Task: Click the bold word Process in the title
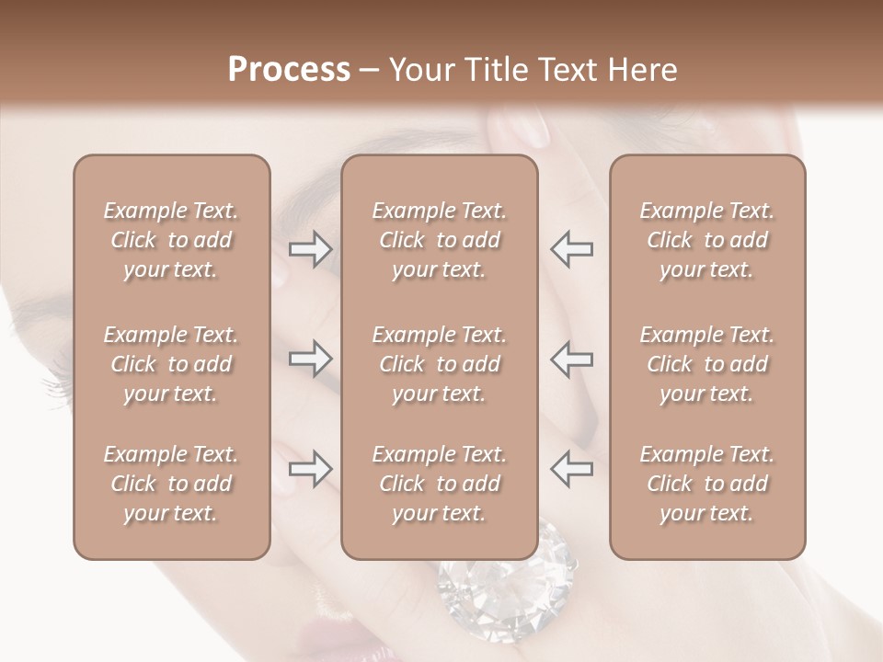coord(289,70)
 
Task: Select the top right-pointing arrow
coord(310,248)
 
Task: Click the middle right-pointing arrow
coord(310,359)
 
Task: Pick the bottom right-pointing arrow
coord(310,469)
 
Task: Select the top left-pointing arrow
coord(571,248)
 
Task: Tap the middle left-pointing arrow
coord(571,359)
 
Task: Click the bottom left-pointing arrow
coord(571,469)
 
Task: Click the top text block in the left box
coord(171,240)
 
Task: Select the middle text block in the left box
coord(171,364)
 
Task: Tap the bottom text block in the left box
coord(171,484)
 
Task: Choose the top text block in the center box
coord(440,240)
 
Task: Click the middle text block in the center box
coord(440,364)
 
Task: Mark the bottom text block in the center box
coord(440,484)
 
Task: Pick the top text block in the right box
coord(707,240)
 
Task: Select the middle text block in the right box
coord(707,364)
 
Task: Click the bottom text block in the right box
coord(707,484)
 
